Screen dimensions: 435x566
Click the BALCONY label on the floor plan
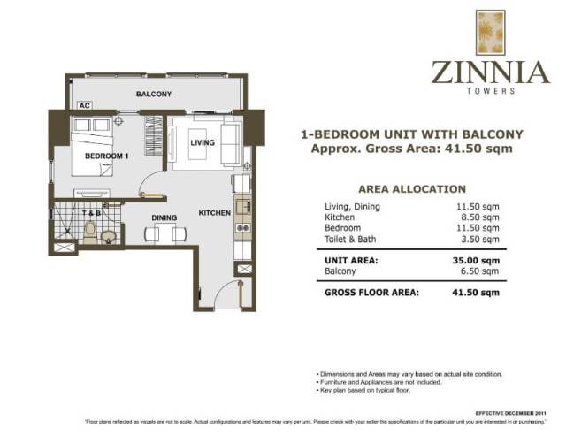pos(153,94)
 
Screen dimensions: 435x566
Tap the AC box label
pos(85,105)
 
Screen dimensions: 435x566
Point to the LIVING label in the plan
pos(203,142)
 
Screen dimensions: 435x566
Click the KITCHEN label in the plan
pos(214,213)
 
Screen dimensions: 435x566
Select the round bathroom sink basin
pos(108,236)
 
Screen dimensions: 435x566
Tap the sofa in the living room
pos(231,142)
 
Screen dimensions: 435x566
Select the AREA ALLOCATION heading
pos(411,188)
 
